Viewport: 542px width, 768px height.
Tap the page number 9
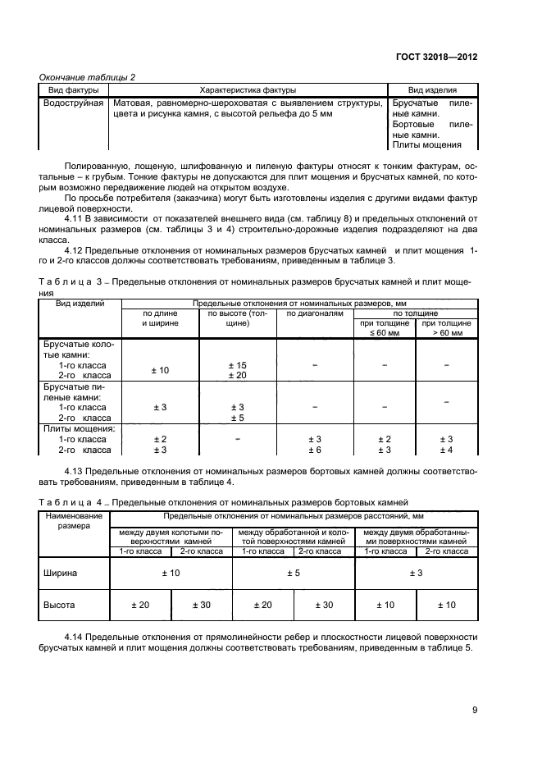[x=475, y=711]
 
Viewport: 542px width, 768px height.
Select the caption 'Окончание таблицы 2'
[x=88, y=77]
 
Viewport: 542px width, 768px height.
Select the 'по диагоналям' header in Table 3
[x=309, y=313]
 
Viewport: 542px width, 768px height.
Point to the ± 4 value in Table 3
[x=446, y=450]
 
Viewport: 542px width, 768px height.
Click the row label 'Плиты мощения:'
[x=79, y=428]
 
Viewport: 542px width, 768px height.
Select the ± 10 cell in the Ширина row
[x=171, y=572]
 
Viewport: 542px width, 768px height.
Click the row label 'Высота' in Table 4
[x=58, y=605]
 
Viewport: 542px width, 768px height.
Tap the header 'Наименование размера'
[x=75, y=521]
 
